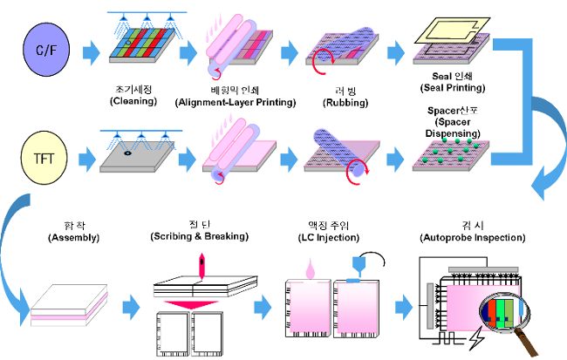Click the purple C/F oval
(44, 51)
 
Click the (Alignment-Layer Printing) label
(235, 102)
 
